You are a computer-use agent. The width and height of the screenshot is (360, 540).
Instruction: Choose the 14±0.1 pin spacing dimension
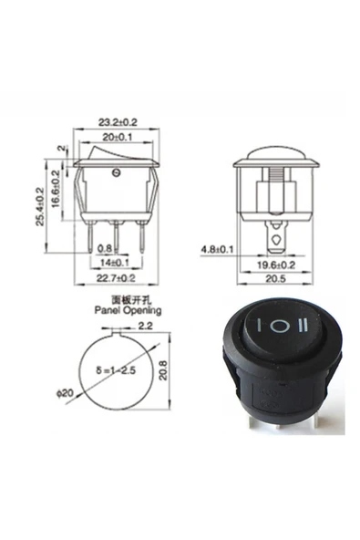[x=116, y=262]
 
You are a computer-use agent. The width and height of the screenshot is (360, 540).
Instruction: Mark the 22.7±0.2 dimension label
[x=116, y=277]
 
